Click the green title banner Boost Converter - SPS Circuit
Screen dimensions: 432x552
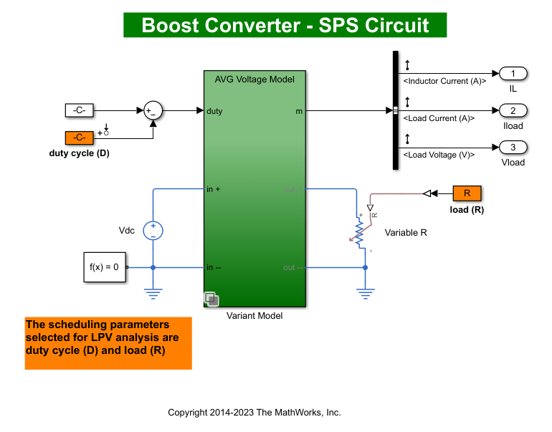[285, 25]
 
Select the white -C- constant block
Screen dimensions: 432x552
[80, 110]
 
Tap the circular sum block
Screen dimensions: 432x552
[152, 110]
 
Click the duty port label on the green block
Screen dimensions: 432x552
[214, 111]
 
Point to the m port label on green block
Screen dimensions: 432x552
[298, 111]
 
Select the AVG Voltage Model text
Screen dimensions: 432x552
[254, 80]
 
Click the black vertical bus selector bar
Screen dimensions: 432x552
[395, 110]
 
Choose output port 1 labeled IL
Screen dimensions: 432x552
[513, 73]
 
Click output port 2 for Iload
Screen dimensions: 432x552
[513, 110]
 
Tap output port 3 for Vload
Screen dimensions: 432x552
[513, 148]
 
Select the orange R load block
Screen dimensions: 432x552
[467, 193]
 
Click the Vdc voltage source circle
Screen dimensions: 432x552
[153, 230]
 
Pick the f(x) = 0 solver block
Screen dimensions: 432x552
[105, 267]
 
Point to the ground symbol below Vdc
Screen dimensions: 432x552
[153, 292]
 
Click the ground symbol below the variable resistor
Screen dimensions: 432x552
[366, 292]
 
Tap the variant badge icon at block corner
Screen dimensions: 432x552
[211, 299]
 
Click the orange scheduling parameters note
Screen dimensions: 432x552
[108, 343]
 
